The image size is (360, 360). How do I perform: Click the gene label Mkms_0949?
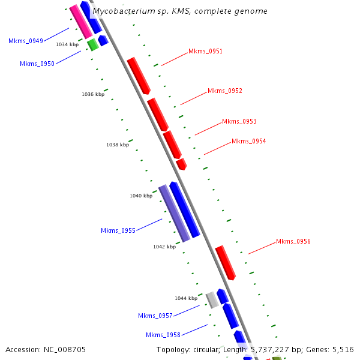(x=26, y=41)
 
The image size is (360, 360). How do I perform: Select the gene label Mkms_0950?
(x=37, y=64)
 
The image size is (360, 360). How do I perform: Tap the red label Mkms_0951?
(x=205, y=52)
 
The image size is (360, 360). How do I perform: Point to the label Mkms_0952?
(x=225, y=91)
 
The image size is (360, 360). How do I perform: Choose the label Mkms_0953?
(x=239, y=121)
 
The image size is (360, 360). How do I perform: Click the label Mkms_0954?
(x=248, y=142)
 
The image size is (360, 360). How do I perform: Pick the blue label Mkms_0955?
(x=118, y=230)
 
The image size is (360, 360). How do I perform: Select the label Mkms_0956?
(x=293, y=242)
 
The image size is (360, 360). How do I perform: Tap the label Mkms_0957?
(x=155, y=316)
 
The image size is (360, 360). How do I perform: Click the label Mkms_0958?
(x=163, y=335)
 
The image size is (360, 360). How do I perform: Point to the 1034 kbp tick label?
(x=67, y=44)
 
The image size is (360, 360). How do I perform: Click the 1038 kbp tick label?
(x=118, y=145)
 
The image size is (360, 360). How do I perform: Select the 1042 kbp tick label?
(x=164, y=247)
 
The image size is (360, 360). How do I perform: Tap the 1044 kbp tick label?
(x=186, y=298)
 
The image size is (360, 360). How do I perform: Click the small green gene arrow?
(x=92, y=44)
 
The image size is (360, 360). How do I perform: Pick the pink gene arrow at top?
(x=80, y=21)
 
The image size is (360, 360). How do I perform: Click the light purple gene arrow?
(x=174, y=213)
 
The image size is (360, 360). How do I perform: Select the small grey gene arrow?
(x=211, y=299)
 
